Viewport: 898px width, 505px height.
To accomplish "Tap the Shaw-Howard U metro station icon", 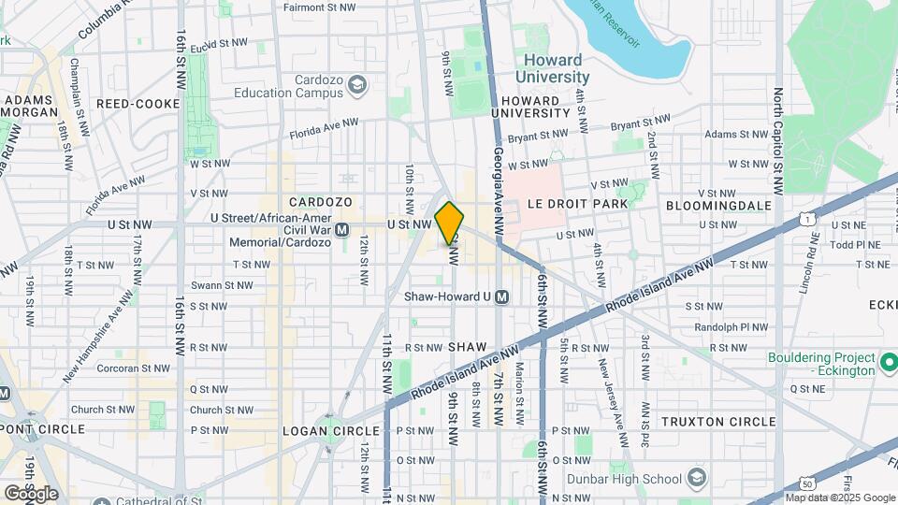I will tap(501, 296).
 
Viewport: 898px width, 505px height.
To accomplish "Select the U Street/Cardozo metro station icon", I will tap(342, 229).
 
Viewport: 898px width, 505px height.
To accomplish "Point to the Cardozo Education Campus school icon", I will tap(356, 86).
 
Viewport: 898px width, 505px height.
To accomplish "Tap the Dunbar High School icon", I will tap(695, 479).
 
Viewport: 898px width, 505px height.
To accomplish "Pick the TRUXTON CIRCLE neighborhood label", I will tap(718, 422).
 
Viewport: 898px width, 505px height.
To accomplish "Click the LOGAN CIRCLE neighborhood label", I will tap(331, 431).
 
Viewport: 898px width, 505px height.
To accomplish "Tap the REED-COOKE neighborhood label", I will tap(131, 104).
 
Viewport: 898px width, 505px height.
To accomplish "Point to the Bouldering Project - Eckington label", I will tap(821, 364).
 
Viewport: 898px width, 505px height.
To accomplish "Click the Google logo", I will tap(31, 493).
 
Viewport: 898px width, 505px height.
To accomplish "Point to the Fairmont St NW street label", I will tap(321, 7).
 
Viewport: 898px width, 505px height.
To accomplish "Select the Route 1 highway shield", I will tap(805, 218).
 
